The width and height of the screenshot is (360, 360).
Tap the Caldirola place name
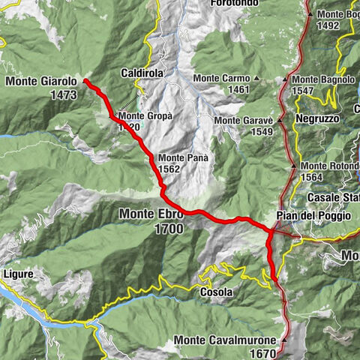pyautogui.click(x=142, y=73)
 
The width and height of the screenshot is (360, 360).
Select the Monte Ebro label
pyautogui.click(x=150, y=214)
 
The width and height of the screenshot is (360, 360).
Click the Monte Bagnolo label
pyautogui.click(x=323, y=79)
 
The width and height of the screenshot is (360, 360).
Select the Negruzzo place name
pyautogui.click(x=317, y=119)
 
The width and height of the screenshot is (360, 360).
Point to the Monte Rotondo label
pyautogui.click(x=330, y=166)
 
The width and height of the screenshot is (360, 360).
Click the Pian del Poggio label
pyautogui.click(x=313, y=216)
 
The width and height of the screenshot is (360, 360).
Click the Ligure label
pyautogui.click(x=17, y=274)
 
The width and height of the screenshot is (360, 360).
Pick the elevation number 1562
pyautogui.click(x=170, y=169)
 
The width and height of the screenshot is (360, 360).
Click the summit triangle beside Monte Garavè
pyautogui.click(x=279, y=120)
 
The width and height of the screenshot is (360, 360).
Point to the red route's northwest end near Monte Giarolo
pyautogui.click(x=85, y=80)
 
